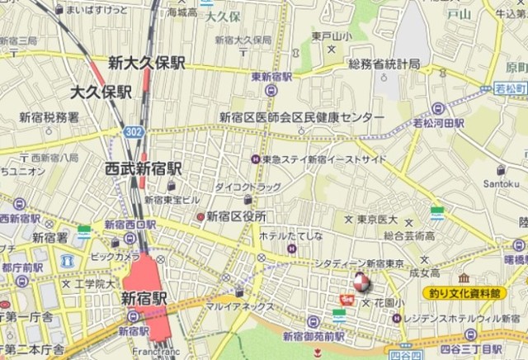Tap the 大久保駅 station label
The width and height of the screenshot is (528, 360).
pyautogui.click(x=101, y=92)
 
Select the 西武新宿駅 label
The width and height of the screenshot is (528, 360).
pyautogui.click(x=142, y=168)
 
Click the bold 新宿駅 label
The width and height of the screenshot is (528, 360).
pyautogui.click(x=144, y=298)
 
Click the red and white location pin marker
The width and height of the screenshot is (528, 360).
pyautogui.click(x=360, y=283)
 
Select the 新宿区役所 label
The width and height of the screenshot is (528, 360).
pyautogui.click(x=236, y=216)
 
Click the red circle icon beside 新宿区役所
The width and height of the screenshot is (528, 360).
pyautogui.click(x=200, y=216)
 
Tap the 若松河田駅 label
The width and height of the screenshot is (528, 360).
pyautogui.click(x=438, y=123)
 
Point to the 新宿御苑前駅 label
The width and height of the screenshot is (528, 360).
pyautogui.click(x=313, y=336)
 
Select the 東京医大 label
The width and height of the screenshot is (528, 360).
pyautogui.click(x=377, y=220)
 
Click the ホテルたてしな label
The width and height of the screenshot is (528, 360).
pyautogui.click(x=290, y=235)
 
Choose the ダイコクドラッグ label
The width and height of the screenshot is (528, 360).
pyautogui.click(x=247, y=187)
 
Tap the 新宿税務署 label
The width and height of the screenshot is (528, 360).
pyautogui.click(x=49, y=117)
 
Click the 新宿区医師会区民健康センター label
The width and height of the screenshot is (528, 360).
pyautogui.click(x=301, y=117)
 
